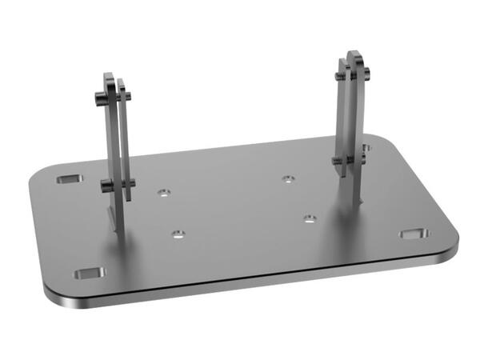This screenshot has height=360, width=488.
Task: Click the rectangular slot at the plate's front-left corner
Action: tap(89, 274)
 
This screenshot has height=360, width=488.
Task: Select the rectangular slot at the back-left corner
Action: tap(70, 178)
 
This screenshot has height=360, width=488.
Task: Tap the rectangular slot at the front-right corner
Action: tap(414, 234)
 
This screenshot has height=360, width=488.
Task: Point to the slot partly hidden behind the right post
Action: tap(365, 148)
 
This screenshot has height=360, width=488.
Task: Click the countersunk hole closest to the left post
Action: tap(164, 193)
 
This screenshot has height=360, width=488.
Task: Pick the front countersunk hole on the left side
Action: tap(178, 234)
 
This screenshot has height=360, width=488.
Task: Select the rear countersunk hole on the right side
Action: tap(289, 178)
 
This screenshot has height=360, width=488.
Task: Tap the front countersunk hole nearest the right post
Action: tap(310, 218)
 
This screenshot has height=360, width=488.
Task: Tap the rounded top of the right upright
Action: tap(354, 56)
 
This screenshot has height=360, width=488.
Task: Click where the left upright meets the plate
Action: tap(116, 226)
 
